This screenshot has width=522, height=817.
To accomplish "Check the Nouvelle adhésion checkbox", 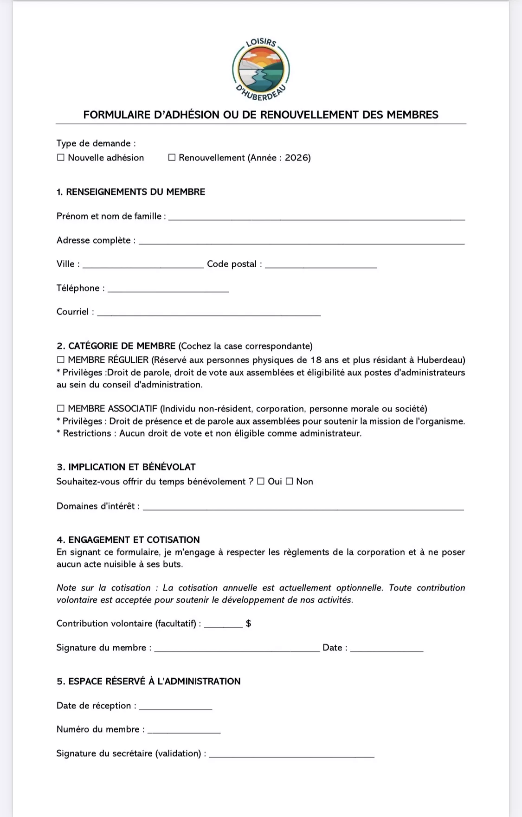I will click(61, 158).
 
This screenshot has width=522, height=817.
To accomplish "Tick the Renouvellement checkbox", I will click(172, 158).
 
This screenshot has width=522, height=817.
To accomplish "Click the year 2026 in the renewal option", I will click(297, 158).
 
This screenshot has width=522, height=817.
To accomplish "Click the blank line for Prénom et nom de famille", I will click(316, 218).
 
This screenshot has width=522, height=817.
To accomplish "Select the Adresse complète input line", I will click(302, 242).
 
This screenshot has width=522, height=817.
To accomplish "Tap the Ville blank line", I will click(143, 266).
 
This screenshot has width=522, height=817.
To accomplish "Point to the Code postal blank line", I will click(321, 266).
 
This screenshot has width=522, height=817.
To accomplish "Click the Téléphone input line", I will click(168, 290).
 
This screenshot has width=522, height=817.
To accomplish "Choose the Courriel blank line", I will click(209, 314).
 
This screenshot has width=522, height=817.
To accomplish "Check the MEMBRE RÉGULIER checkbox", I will click(61, 360).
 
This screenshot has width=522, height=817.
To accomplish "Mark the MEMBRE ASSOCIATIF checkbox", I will click(61, 409).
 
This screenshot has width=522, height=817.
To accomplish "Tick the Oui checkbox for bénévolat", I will click(261, 482).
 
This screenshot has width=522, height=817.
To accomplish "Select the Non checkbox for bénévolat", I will click(289, 482).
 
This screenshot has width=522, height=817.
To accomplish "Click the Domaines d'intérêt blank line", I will click(303, 508).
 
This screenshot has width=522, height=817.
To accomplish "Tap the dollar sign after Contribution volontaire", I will click(249, 624).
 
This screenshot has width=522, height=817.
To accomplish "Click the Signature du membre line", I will click(237, 650).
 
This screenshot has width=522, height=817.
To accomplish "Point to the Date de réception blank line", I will click(175, 708).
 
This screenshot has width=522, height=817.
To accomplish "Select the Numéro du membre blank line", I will click(184, 731).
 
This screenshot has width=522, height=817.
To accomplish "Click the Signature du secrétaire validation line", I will click(291, 755).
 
